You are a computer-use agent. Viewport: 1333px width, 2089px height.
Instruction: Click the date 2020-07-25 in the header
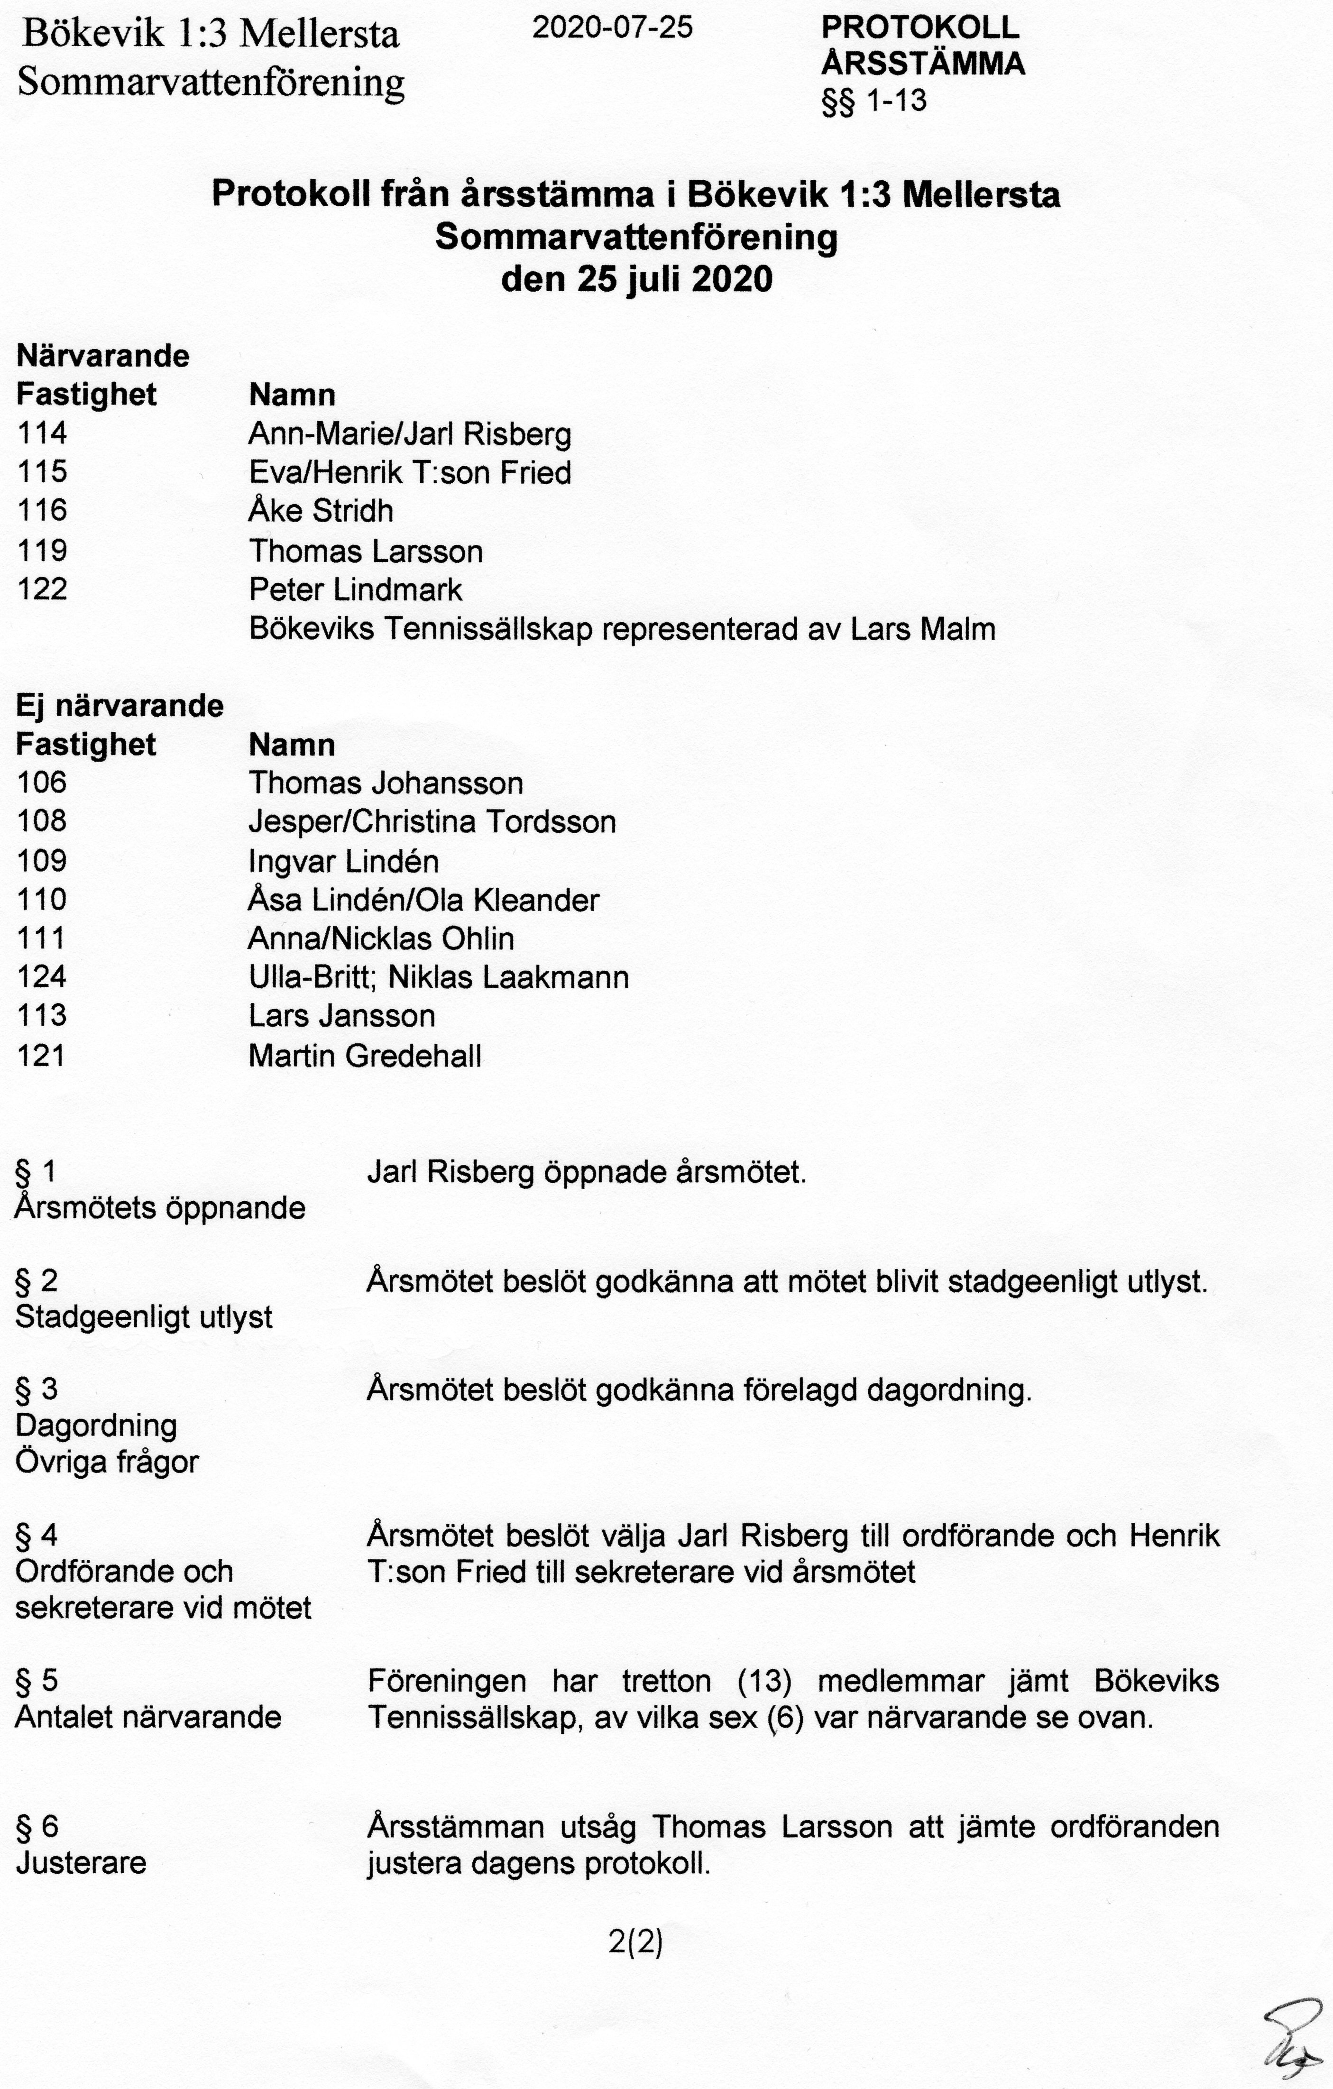(612, 28)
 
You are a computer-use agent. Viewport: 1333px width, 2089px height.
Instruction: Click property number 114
(42, 433)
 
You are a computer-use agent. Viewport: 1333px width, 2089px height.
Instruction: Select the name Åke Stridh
(321, 511)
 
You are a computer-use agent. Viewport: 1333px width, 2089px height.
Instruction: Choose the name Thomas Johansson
(386, 783)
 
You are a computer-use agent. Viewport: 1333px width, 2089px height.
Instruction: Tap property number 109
(42, 861)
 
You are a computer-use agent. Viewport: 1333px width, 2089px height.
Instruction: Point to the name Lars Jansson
(342, 1016)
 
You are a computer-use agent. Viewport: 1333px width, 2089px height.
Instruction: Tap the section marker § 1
(36, 1172)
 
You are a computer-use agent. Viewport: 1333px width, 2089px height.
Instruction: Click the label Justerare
(81, 1863)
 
